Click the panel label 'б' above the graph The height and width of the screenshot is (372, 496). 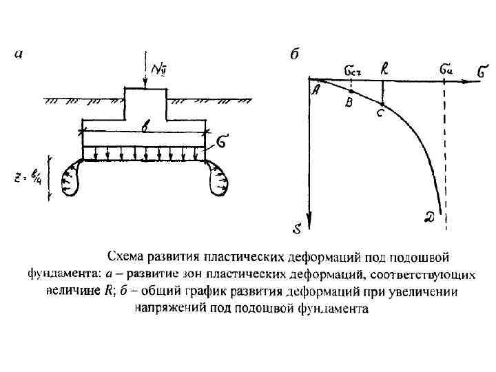pos(294,55)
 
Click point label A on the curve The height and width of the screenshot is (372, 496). pos(317,90)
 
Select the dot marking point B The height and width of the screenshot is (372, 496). pos(351,90)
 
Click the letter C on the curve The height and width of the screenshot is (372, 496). pos(380,114)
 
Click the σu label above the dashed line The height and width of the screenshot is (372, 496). pos(446,70)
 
